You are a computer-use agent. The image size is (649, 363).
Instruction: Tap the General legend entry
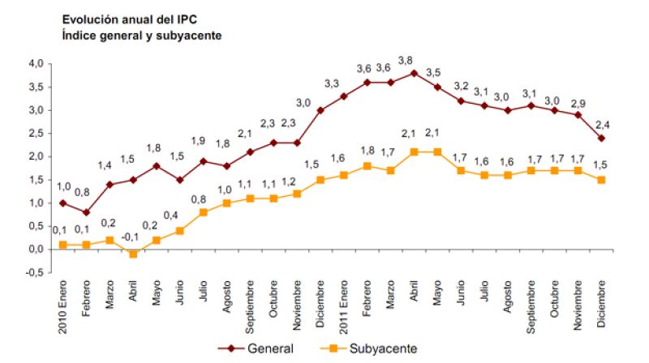point(258,348)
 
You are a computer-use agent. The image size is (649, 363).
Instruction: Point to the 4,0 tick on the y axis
point(35,63)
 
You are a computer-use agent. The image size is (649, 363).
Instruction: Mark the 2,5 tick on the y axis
point(35,133)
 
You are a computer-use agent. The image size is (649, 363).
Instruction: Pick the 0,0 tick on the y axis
point(35,250)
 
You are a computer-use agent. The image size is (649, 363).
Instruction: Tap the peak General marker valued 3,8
point(415,73)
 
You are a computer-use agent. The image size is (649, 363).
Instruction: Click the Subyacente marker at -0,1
point(133,254)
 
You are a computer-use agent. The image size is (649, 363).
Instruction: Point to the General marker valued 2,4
point(602,138)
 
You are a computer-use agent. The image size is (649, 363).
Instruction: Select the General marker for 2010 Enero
point(62,203)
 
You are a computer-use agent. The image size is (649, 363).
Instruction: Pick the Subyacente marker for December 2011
point(602,180)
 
